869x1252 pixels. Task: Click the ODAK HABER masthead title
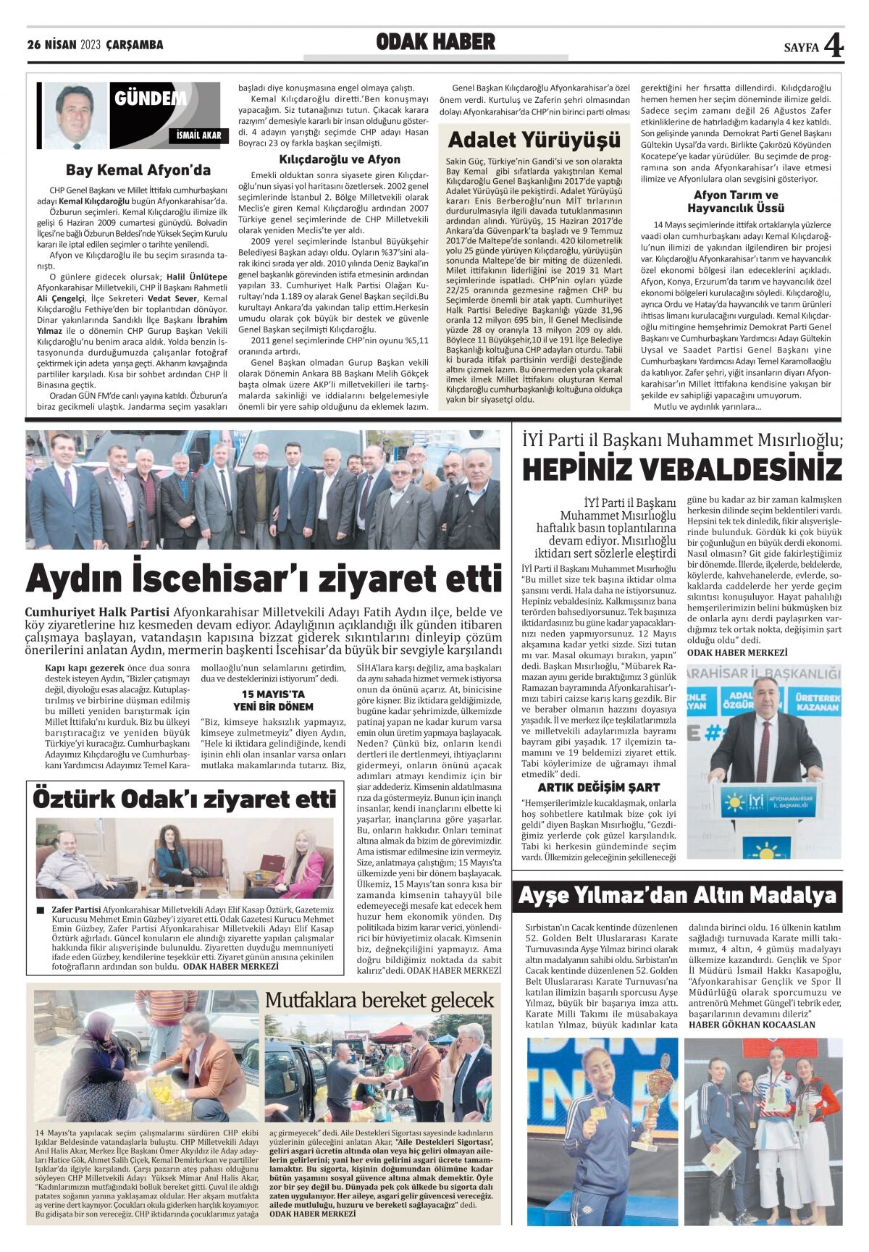pyautogui.click(x=435, y=43)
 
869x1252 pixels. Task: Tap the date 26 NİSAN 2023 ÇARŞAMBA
pyautogui.click(x=95, y=45)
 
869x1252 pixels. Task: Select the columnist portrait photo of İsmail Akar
pyautogui.click(x=75, y=114)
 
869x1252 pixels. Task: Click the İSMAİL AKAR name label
pyautogui.click(x=199, y=135)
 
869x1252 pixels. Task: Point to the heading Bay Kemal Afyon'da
pyautogui.click(x=138, y=170)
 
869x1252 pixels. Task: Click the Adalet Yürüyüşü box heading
pyautogui.click(x=534, y=139)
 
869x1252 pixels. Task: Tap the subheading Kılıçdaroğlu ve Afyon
pyautogui.click(x=340, y=159)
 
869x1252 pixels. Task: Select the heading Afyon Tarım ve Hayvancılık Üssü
pyautogui.click(x=736, y=201)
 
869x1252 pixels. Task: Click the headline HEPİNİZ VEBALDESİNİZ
pyautogui.click(x=681, y=470)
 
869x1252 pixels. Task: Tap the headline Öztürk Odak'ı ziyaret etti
pyautogui.click(x=184, y=799)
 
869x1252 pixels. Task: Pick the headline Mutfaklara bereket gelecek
pyautogui.click(x=379, y=1000)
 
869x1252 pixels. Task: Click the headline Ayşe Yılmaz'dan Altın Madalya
pyautogui.click(x=677, y=896)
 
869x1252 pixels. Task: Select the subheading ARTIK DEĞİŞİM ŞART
pyautogui.click(x=599, y=787)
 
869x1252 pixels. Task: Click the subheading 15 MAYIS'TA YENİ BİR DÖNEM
pyautogui.click(x=279, y=700)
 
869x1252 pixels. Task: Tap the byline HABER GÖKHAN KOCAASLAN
pyautogui.click(x=752, y=1025)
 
